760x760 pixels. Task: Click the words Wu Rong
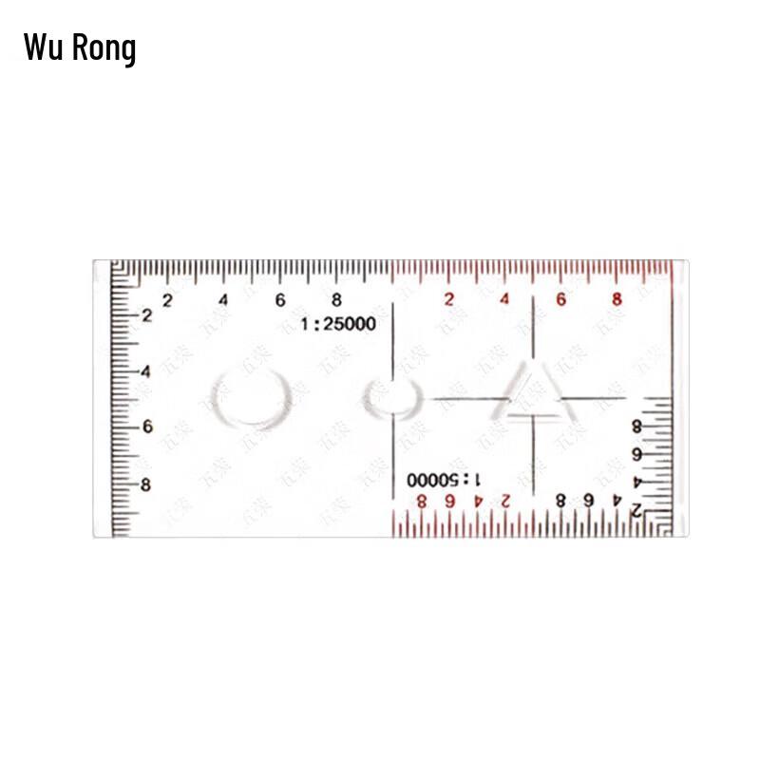[80, 47]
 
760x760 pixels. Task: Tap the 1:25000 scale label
[338, 324]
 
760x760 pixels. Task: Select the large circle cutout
[250, 397]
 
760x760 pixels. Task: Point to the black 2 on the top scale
[167, 300]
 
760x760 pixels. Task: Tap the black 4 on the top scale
[223, 300]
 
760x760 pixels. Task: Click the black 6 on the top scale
[280, 300]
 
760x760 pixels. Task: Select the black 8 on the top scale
[336, 300]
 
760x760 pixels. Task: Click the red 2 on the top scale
[448, 300]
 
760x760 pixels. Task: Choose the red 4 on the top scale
[504, 300]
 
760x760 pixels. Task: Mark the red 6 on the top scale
[560, 300]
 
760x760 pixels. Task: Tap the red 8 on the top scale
[617, 300]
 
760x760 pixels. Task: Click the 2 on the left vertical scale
[146, 315]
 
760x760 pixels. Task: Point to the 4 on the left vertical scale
[146, 371]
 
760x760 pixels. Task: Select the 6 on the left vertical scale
[146, 427]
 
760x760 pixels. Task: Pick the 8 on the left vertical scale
[146, 484]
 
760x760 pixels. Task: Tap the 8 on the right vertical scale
[636, 427]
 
